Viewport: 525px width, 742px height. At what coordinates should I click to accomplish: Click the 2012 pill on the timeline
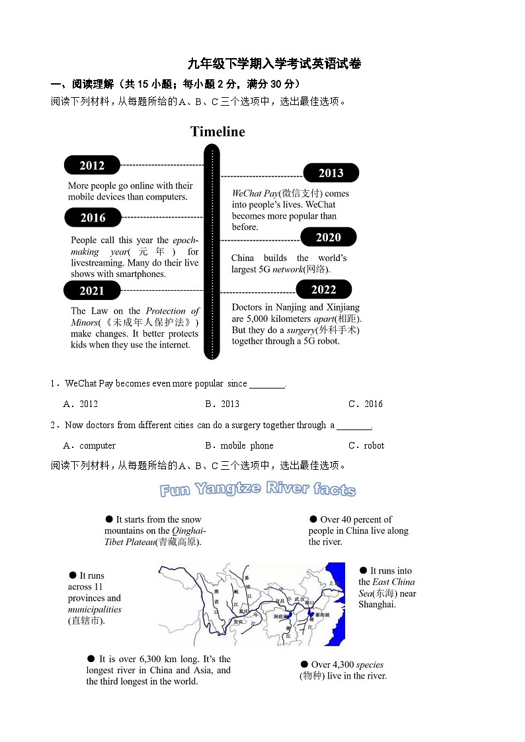click(x=92, y=165)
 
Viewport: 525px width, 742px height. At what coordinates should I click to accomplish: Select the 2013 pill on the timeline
click(x=331, y=173)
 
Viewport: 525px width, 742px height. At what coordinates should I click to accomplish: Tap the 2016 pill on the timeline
click(x=93, y=217)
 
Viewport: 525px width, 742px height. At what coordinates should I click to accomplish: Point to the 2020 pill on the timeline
click(x=328, y=237)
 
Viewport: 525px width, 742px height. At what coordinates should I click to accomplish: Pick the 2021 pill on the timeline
click(x=92, y=291)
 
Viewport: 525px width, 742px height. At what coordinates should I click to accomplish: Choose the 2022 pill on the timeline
click(x=323, y=289)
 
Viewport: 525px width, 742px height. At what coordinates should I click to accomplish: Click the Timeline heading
click(x=218, y=131)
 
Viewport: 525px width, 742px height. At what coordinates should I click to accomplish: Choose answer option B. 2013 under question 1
click(x=222, y=404)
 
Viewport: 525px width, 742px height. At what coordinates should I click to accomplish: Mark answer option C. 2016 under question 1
click(x=366, y=404)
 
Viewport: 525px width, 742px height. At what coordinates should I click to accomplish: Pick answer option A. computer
click(x=89, y=445)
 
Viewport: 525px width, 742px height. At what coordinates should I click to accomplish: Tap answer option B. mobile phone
click(x=239, y=445)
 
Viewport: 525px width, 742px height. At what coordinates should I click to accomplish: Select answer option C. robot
click(x=366, y=445)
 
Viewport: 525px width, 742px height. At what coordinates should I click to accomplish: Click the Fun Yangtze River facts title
click(x=258, y=490)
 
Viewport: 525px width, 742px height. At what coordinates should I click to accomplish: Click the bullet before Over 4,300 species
click(x=304, y=665)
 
